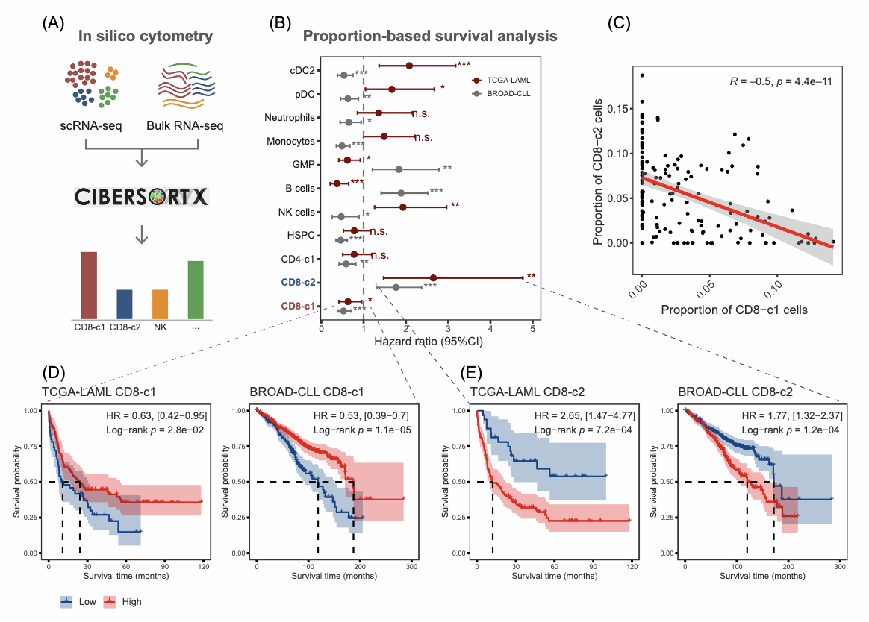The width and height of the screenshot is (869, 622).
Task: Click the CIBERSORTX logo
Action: pyautogui.click(x=142, y=197)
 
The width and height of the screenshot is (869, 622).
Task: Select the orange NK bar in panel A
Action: pyautogui.click(x=160, y=304)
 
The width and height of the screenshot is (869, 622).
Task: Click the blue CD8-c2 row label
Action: pyautogui.click(x=297, y=283)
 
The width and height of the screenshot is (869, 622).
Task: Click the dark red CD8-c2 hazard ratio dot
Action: pyautogui.click(x=433, y=278)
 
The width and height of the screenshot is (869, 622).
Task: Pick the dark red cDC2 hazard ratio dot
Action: pyautogui.click(x=409, y=66)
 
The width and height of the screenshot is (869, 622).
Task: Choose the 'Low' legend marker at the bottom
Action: pyautogui.click(x=67, y=601)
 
